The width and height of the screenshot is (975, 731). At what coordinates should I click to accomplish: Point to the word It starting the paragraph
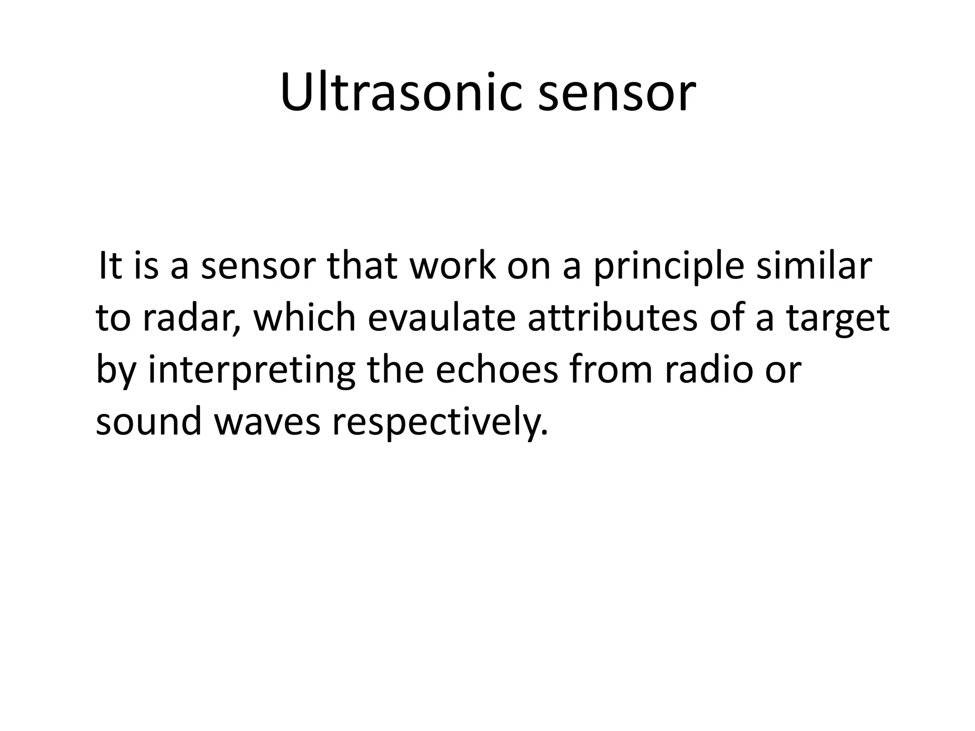click(x=109, y=267)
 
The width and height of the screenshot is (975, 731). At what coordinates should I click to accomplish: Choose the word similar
click(x=814, y=267)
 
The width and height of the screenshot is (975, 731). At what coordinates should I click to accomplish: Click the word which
click(x=305, y=318)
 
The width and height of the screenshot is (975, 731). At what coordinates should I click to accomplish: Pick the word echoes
click(x=496, y=370)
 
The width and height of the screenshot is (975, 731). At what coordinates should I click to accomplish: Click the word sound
click(x=148, y=422)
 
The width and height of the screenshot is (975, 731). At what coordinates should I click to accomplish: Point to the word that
click(x=362, y=267)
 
